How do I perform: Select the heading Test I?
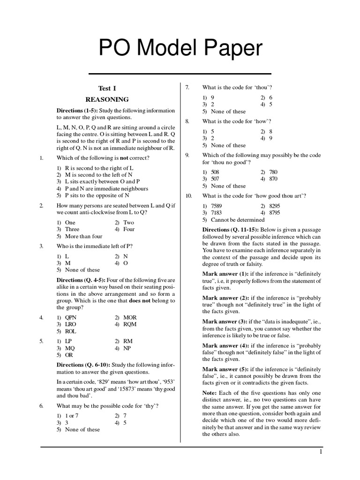[107, 88]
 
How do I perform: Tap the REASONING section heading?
[107, 99]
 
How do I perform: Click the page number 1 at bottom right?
[321, 452]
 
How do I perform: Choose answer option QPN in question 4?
[71, 317]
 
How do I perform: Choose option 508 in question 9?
[215, 172]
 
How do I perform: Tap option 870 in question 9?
[274, 179]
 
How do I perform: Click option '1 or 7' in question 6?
[72, 416]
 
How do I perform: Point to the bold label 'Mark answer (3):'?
[224, 322]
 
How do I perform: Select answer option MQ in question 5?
[70, 348]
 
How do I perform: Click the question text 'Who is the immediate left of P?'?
[96, 246]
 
